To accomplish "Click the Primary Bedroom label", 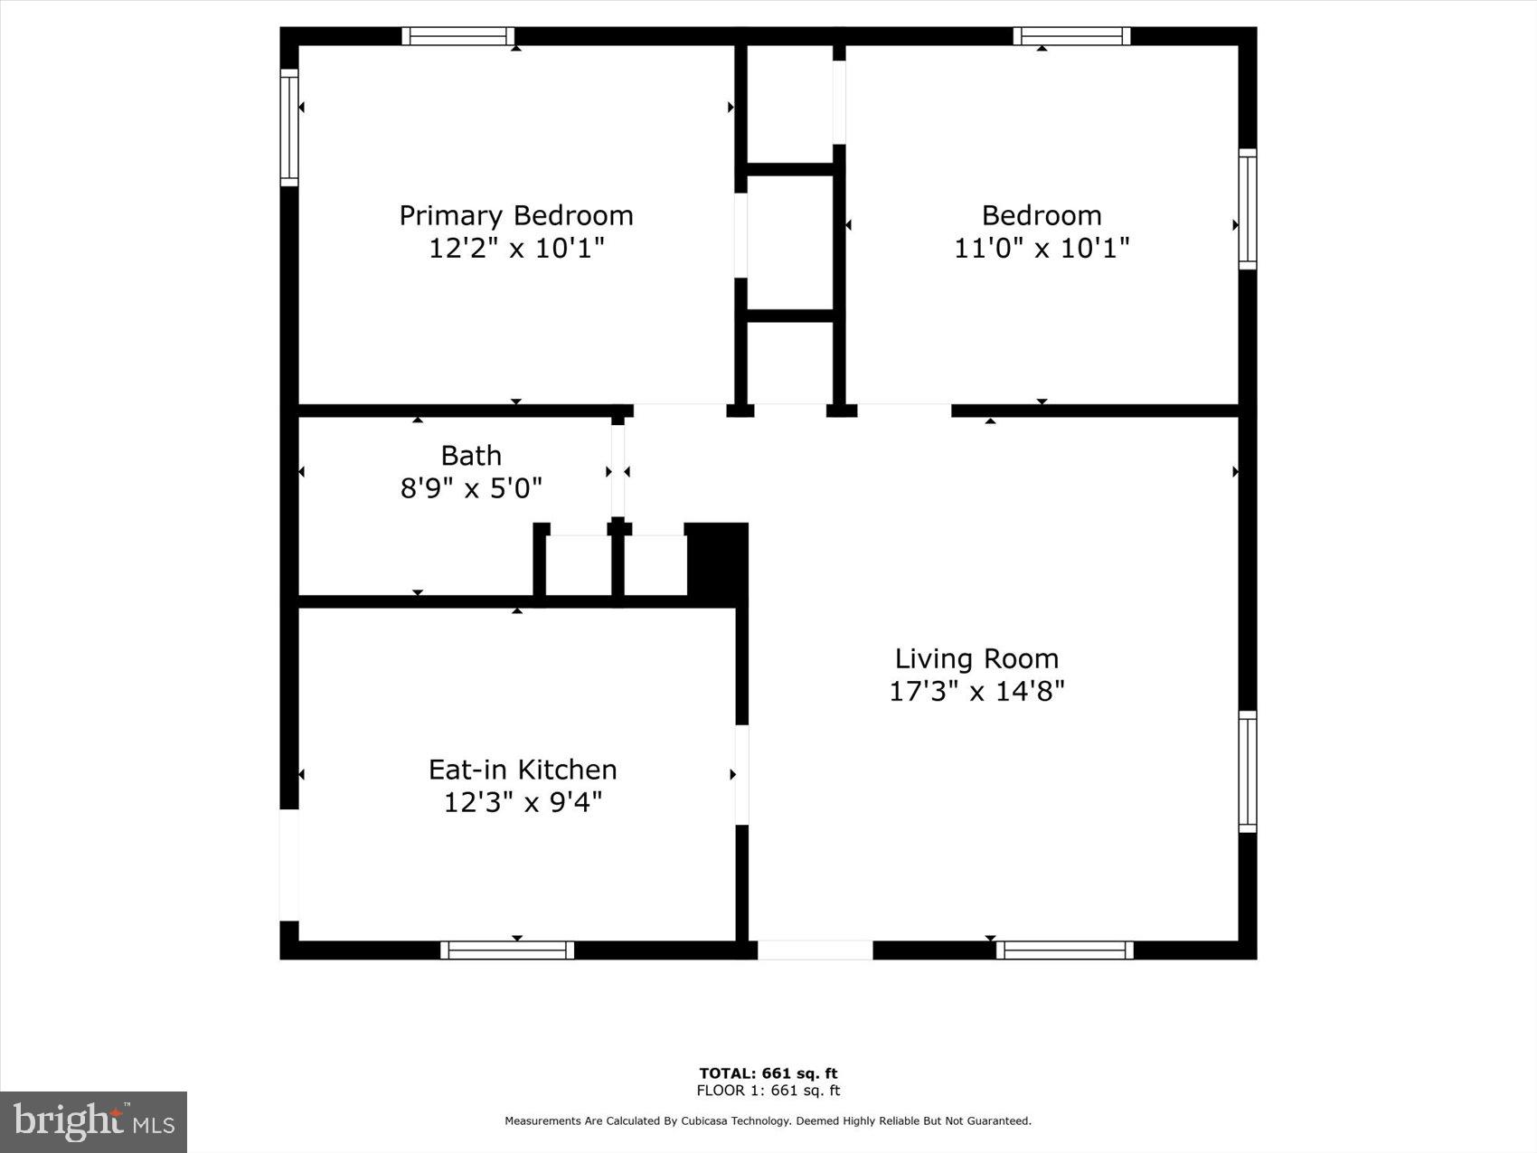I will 516,215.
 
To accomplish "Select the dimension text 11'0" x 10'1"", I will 1042,248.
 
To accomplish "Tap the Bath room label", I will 471,455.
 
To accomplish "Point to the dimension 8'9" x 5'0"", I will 471,488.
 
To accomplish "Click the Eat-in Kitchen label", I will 523,770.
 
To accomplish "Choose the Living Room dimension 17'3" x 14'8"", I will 976,692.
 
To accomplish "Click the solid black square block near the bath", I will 717,559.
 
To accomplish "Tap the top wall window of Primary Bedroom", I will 457,36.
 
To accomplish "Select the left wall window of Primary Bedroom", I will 289,128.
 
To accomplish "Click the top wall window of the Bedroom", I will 1071,36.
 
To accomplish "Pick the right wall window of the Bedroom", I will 1248,209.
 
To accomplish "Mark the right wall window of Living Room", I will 1248,771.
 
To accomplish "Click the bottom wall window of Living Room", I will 1065,950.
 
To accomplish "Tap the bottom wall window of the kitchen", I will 507,950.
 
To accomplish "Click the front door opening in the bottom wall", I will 815,950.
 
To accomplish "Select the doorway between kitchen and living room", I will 741,775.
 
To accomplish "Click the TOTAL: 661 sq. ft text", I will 768,1073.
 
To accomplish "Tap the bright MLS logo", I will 93,1122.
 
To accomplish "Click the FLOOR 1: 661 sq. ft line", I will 768,1091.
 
